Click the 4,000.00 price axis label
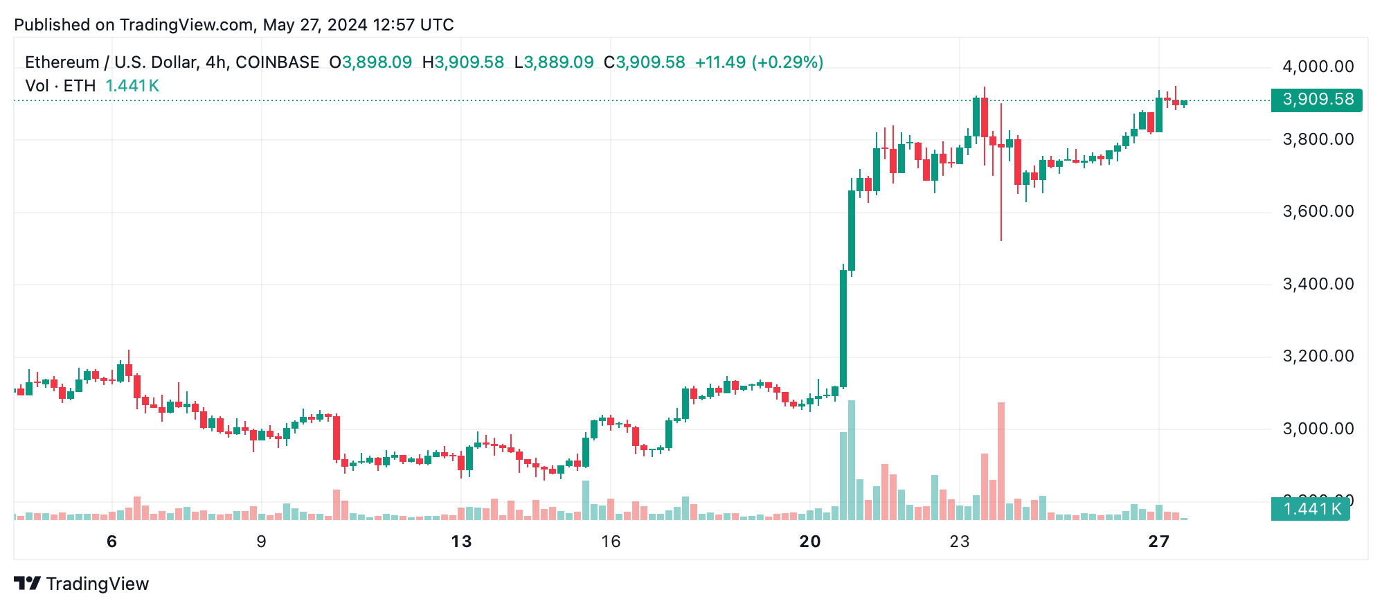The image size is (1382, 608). coord(1318,66)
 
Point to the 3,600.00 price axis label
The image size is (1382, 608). coord(1318,211)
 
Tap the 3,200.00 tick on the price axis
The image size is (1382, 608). coord(1318,356)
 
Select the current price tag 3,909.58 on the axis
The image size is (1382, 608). coord(1317,100)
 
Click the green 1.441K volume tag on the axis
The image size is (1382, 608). coord(1310,509)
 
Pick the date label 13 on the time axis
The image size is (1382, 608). coord(461,542)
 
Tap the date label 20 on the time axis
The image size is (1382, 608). coord(809,542)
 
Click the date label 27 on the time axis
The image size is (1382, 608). coord(1158,542)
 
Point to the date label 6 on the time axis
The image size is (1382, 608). coord(112,542)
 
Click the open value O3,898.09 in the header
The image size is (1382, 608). coord(370,62)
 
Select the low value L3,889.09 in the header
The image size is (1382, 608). coord(554,62)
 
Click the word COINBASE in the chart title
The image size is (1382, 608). coord(277,62)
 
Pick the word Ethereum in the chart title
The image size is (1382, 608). coord(62,62)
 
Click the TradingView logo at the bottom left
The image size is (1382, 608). coord(82,584)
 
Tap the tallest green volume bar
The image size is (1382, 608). coord(852,461)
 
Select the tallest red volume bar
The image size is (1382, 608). coord(1001,461)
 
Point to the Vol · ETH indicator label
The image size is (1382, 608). coord(60,86)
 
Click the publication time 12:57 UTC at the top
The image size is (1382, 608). coord(413,25)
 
